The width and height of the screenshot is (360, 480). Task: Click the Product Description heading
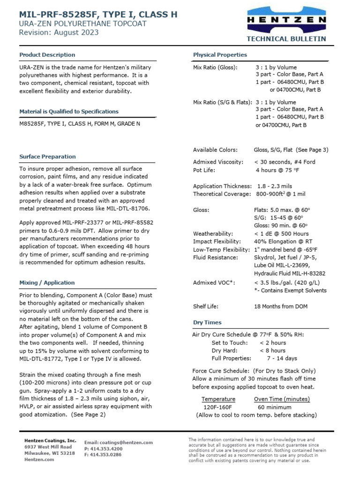point(47,55)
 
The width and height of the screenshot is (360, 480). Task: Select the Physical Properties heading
point(220,55)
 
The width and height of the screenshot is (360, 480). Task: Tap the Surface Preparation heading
point(47,157)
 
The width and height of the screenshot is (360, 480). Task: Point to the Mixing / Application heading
point(47,283)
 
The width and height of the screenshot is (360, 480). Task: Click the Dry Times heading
point(207,322)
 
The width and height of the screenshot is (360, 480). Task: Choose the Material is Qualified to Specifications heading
point(69,112)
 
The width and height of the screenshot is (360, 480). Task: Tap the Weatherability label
point(213,233)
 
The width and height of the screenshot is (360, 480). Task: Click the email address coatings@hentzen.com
point(119,442)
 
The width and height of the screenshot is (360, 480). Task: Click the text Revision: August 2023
point(59,32)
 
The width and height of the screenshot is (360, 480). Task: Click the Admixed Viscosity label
point(218,162)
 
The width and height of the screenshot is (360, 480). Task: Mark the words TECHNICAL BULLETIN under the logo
point(286,39)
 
